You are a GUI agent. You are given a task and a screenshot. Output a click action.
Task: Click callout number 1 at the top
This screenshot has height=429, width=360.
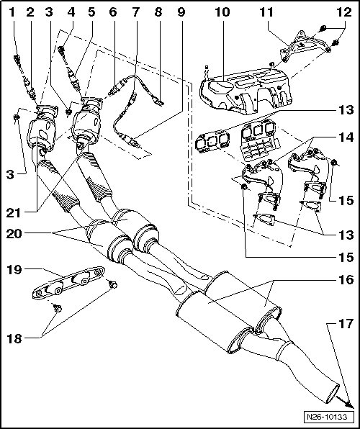pyautogui.click(x=12, y=12)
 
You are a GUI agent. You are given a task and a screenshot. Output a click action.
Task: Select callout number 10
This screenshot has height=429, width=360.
pyautogui.click(x=222, y=12)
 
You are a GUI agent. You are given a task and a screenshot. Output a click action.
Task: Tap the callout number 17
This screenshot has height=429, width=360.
pyautogui.click(x=346, y=324)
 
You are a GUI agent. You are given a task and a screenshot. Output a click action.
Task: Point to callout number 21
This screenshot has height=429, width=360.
pyautogui.click(x=14, y=212)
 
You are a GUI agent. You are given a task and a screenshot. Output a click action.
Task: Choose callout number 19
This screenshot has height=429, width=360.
pyautogui.click(x=14, y=269)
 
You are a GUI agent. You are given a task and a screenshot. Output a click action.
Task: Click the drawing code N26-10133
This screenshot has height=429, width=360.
pyautogui.click(x=327, y=417)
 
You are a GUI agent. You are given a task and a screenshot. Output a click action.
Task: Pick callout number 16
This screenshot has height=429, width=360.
pyautogui.click(x=346, y=280)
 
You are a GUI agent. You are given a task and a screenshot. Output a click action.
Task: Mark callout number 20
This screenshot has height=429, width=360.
pyautogui.click(x=14, y=234)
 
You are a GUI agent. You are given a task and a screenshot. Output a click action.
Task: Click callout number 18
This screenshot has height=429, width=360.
pyautogui.click(x=14, y=339)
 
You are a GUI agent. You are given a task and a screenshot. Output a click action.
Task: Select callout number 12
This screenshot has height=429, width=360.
pyautogui.click(x=344, y=12)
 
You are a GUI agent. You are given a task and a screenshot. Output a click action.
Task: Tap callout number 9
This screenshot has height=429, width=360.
pyautogui.click(x=181, y=12)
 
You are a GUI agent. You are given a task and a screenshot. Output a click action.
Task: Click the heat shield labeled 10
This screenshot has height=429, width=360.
pyautogui.click(x=246, y=90)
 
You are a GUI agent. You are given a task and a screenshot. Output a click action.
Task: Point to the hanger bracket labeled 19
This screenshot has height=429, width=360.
pyautogui.click(x=68, y=283)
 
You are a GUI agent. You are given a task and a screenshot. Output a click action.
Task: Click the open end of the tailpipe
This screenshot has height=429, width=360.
pyautogui.click(x=333, y=394)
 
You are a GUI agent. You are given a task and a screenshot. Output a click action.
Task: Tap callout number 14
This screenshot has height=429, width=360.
pyautogui.click(x=346, y=137)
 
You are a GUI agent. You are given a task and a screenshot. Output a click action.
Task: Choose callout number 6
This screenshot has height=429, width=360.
pyautogui.click(x=113, y=12)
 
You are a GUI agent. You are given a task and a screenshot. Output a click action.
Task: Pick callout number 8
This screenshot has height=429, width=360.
pyautogui.click(x=158, y=12)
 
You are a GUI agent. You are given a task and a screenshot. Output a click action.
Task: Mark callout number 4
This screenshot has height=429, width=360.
pyautogui.click(x=71, y=12)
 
